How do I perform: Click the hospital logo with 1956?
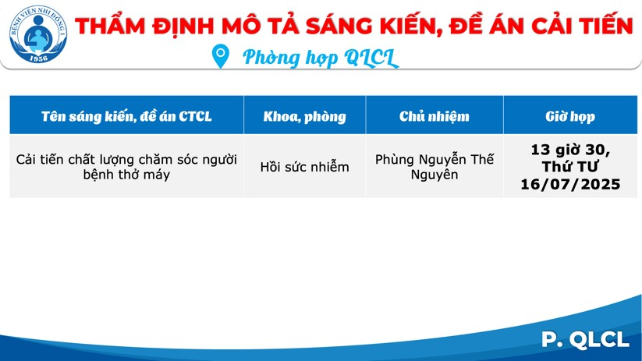[x=38, y=34]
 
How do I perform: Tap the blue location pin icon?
[x=220, y=56]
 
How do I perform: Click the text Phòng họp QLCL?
[x=320, y=58]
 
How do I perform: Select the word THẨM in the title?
[x=110, y=26]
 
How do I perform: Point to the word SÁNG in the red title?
[x=339, y=26]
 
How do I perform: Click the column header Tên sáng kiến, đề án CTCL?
[x=126, y=116]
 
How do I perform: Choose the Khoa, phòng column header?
[x=305, y=117]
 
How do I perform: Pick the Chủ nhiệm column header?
[x=435, y=116]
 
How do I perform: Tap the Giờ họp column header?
[x=570, y=117]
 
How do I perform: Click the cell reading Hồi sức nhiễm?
[x=305, y=167]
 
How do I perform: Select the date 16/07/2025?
[x=570, y=184]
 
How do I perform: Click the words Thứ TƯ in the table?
[x=570, y=167]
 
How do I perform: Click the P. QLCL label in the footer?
[x=585, y=339]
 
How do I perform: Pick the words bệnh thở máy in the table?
[x=126, y=175]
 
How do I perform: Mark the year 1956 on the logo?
[x=38, y=58]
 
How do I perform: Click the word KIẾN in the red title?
[x=410, y=26]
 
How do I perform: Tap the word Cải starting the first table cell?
[x=27, y=159]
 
